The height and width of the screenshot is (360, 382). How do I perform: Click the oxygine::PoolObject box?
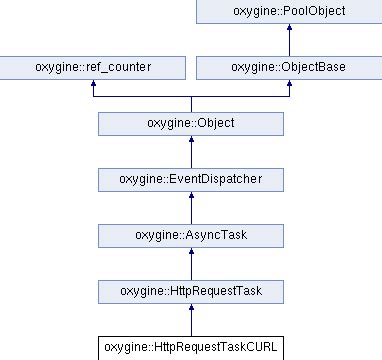click(x=289, y=12)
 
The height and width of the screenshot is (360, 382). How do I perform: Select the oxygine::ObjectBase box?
click(x=289, y=68)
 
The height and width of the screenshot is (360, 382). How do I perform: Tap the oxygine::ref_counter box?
click(x=92, y=68)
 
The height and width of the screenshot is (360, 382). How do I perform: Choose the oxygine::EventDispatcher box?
click(x=190, y=180)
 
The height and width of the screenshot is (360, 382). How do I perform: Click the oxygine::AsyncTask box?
click(x=190, y=236)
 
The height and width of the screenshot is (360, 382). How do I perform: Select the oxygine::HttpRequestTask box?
click(x=190, y=292)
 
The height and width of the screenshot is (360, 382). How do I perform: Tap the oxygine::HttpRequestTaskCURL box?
click(x=190, y=348)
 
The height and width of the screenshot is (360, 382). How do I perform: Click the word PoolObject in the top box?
click(x=311, y=12)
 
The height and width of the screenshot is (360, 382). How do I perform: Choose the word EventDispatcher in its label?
click(x=212, y=180)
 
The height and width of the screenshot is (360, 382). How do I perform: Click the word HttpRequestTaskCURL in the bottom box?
click(x=212, y=348)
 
